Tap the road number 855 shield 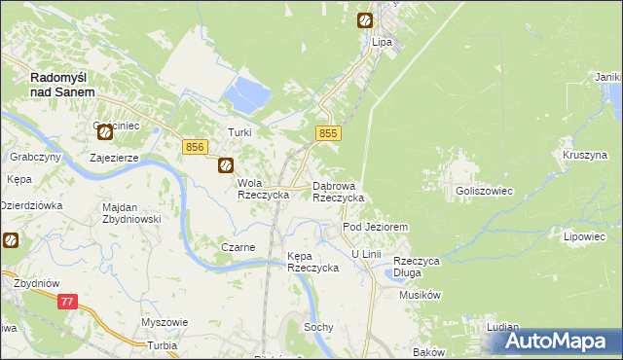pyautogui.click(x=328, y=133)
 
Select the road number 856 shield pyautogui.click(x=194, y=146)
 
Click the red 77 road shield pyautogui.click(x=67, y=302)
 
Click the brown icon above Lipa pyautogui.click(x=364, y=19)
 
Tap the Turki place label pyautogui.click(x=239, y=132)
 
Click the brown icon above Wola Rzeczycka pyautogui.click(x=225, y=165)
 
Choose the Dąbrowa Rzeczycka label pyautogui.click(x=338, y=191)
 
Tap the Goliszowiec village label pyautogui.click(x=484, y=192)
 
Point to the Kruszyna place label pyautogui.click(x=584, y=155)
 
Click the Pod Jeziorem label pyautogui.click(x=374, y=227)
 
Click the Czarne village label pyautogui.click(x=238, y=247)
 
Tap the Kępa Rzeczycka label pyautogui.click(x=311, y=262)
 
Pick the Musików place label pyautogui.click(x=421, y=295)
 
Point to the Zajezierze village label pyautogui.click(x=114, y=157)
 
